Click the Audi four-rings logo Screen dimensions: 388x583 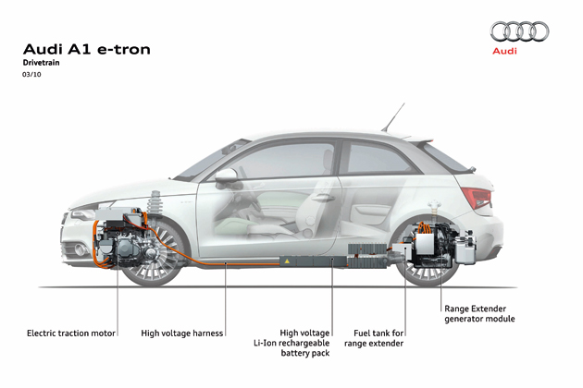518,31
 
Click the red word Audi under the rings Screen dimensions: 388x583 505,52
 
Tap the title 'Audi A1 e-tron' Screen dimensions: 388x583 86,48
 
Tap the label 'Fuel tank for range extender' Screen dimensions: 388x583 378,337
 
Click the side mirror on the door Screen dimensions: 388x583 227,175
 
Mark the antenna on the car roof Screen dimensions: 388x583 395,116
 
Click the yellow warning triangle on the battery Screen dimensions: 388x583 287,262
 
